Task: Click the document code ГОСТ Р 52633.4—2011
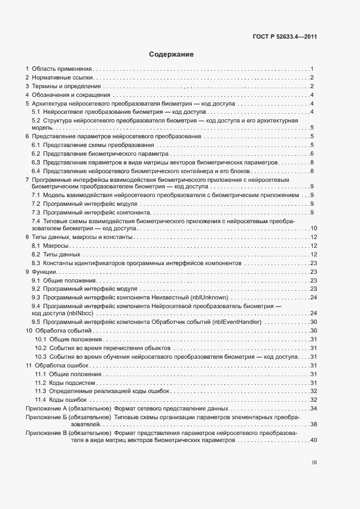pos(285,38)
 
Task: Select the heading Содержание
pos(171,54)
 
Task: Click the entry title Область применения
pos(62,69)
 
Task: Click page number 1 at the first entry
pos(312,69)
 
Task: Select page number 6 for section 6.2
pos(312,154)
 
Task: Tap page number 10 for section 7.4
pos(313,229)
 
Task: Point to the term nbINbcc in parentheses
pos(81,314)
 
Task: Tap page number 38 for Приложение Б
pos(313,424)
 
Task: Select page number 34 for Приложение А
pos(313,408)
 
